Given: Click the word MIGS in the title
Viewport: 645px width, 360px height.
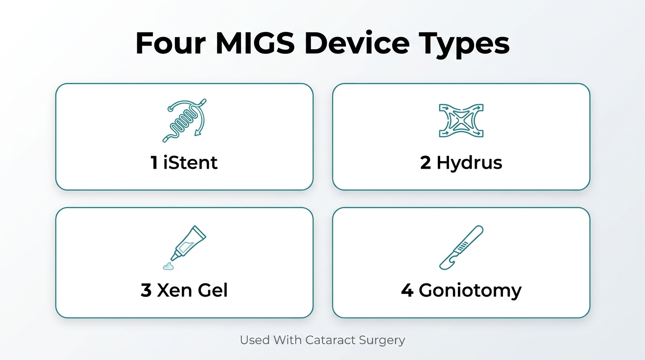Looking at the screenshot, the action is pyautogui.click(x=255, y=43).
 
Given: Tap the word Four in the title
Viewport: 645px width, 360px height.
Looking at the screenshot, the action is pyautogui.click(x=171, y=43).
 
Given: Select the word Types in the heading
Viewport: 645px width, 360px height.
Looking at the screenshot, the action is pyautogui.click(x=464, y=45).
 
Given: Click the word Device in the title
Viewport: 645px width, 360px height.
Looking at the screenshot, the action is pyautogui.click(x=357, y=43).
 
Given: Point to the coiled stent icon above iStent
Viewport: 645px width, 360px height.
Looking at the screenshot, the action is pyautogui.click(x=185, y=120).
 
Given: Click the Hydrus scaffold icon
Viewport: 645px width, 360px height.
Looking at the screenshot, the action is pyautogui.click(x=461, y=120).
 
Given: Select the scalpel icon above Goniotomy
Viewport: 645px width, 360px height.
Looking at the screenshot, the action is pyautogui.click(x=461, y=247).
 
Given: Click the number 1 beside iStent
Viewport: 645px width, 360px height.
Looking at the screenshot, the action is pyautogui.click(x=154, y=163).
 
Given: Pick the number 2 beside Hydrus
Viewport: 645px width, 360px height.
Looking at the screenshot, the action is pyautogui.click(x=426, y=163).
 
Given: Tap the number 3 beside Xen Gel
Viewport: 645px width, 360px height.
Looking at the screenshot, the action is pyautogui.click(x=146, y=290).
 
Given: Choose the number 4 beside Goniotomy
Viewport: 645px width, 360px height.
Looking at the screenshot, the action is pyautogui.click(x=407, y=290).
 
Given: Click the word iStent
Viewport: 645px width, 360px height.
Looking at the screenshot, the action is pyautogui.click(x=190, y=162).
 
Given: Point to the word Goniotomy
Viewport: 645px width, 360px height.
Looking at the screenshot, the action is pyautogui.click(x=470, y=291).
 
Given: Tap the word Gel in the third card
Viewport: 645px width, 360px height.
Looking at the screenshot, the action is pyautogui.click(x=213, y=290).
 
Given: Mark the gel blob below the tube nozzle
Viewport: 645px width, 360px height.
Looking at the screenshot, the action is pyautogui.click(x=168, y=266).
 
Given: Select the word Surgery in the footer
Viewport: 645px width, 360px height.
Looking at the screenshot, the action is pyautogui.click(x=382, y=341).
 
